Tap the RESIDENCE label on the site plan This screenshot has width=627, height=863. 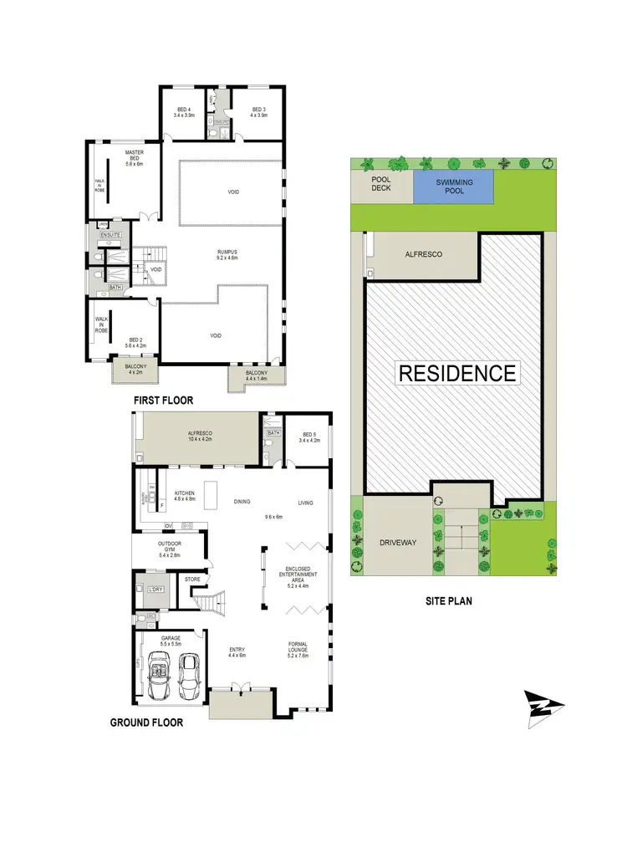(x=456, y=372)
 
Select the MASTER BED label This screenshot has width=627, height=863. (x=135, y=156)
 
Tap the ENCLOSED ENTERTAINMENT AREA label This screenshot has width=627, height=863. (x=298, y=578)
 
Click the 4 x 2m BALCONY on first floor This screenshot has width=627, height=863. (x=135, y=369)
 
